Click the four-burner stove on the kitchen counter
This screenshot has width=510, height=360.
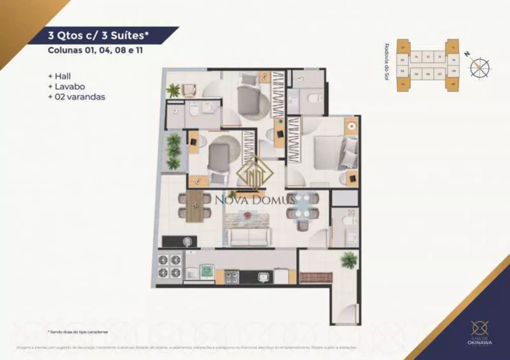(232, 277)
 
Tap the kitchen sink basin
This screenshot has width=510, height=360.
(263, 277)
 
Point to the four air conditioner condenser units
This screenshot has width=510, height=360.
(170, 266)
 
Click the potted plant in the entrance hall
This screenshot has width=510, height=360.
(349, 260)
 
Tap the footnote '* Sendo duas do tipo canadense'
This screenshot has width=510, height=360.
(79, 331)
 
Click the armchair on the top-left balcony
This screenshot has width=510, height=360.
(189, 91)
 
